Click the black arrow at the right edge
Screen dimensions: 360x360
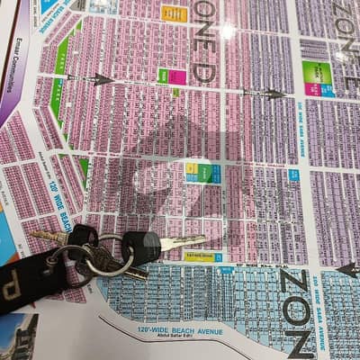coord(347,268)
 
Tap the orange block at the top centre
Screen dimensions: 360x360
coord(174,13)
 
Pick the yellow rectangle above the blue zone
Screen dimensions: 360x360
coord(198,256)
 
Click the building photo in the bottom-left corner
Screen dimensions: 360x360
coord(18,337)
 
